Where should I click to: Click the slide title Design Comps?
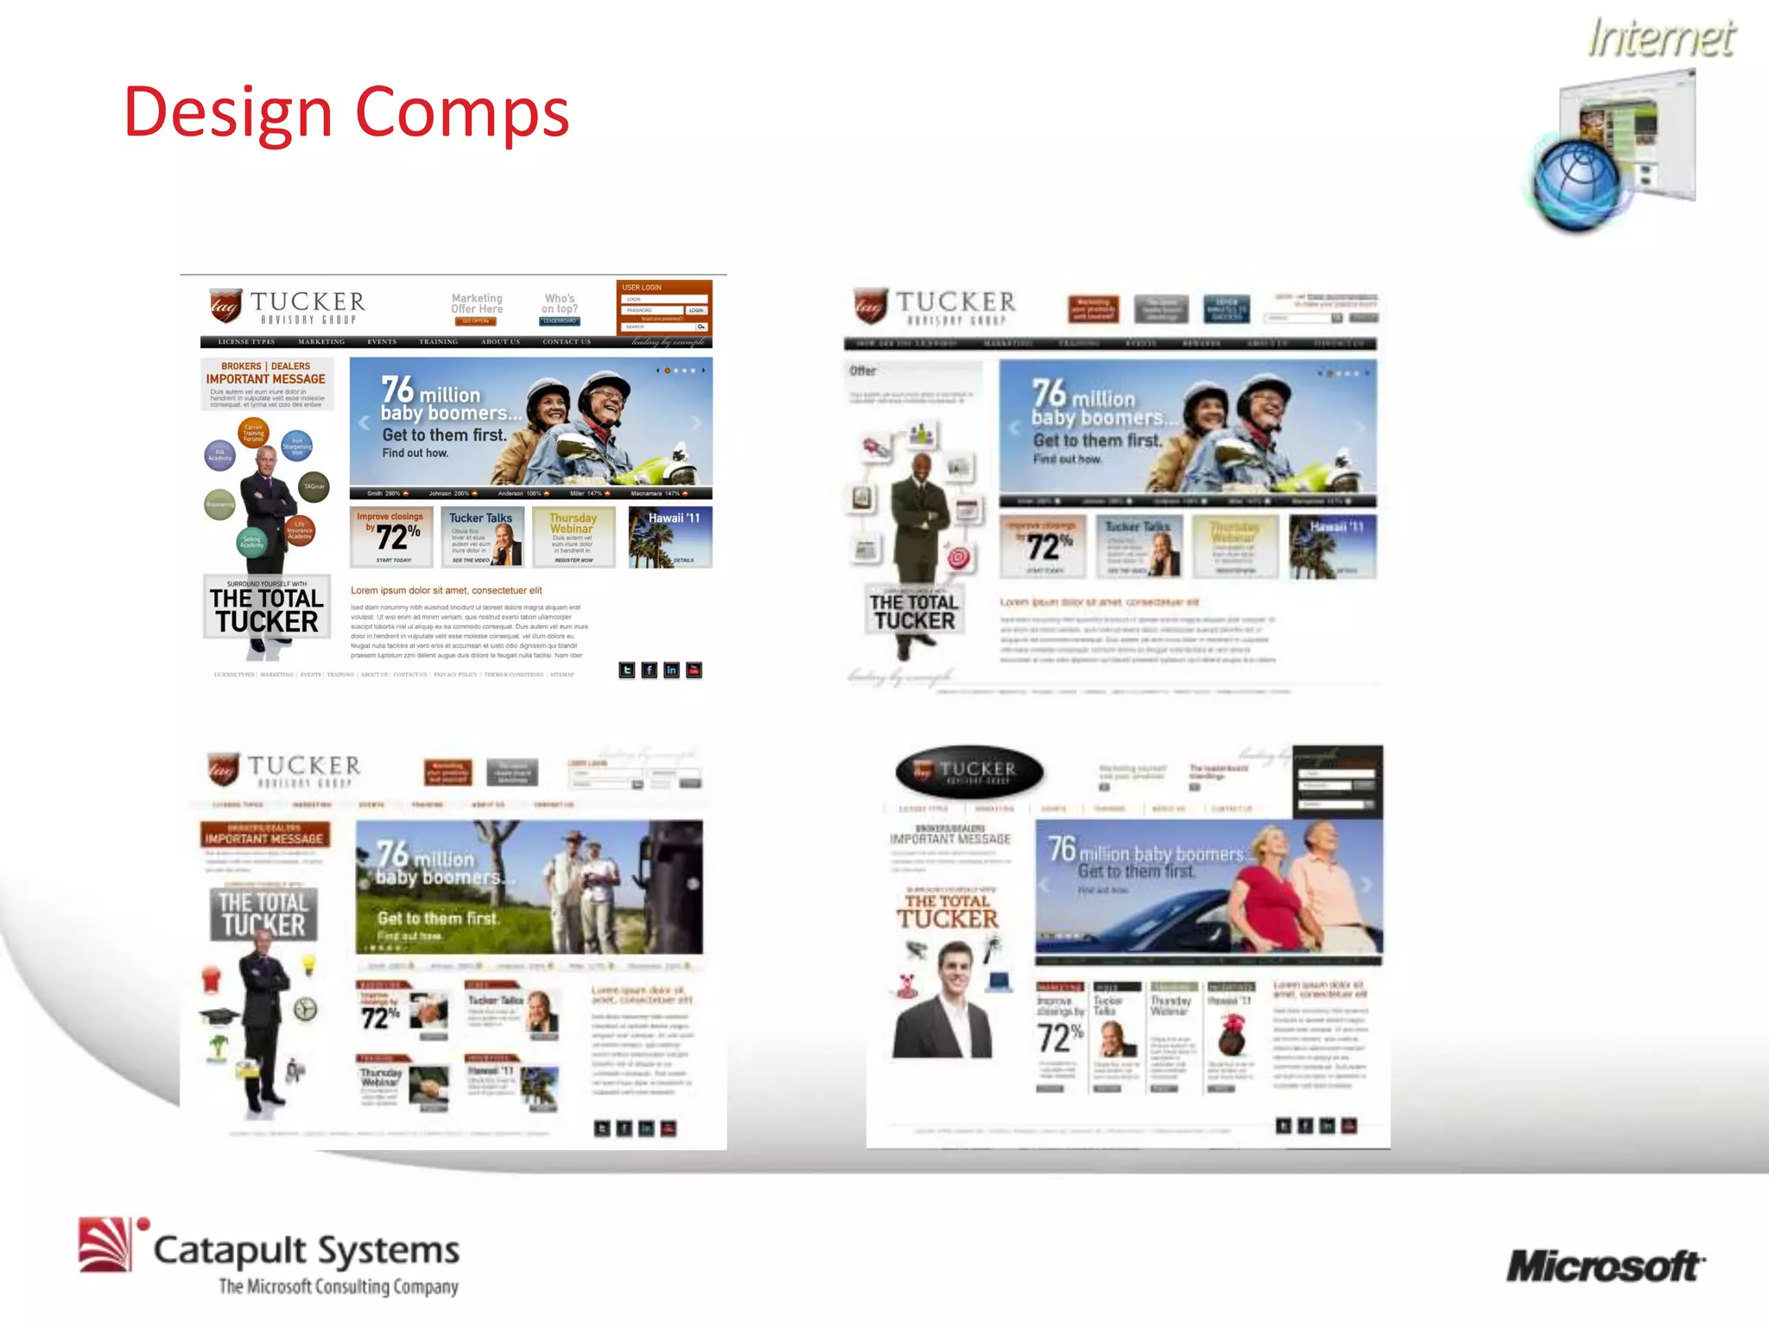click(346, 112)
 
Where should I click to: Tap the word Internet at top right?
click(1660, 39)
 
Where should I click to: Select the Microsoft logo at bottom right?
click(1605, 1267)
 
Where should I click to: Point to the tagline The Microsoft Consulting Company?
click(338, 1286)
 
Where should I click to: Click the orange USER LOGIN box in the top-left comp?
click(664, 307)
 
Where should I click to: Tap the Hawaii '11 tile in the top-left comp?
click(670, 537)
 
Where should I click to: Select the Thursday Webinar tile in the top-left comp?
click(574, 537)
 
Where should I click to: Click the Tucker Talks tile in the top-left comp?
click(482, 537)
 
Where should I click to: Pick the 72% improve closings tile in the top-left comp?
click(392, 537)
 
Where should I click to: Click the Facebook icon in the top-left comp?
click(650, 670)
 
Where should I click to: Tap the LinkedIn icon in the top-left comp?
click(672, 670)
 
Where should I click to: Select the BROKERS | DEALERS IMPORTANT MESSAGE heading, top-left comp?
click(266, 373)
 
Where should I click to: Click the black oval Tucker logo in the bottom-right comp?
click(969, 771)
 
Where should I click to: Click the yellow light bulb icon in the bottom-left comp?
click(308, 964)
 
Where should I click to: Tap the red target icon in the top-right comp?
click(959, 558)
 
